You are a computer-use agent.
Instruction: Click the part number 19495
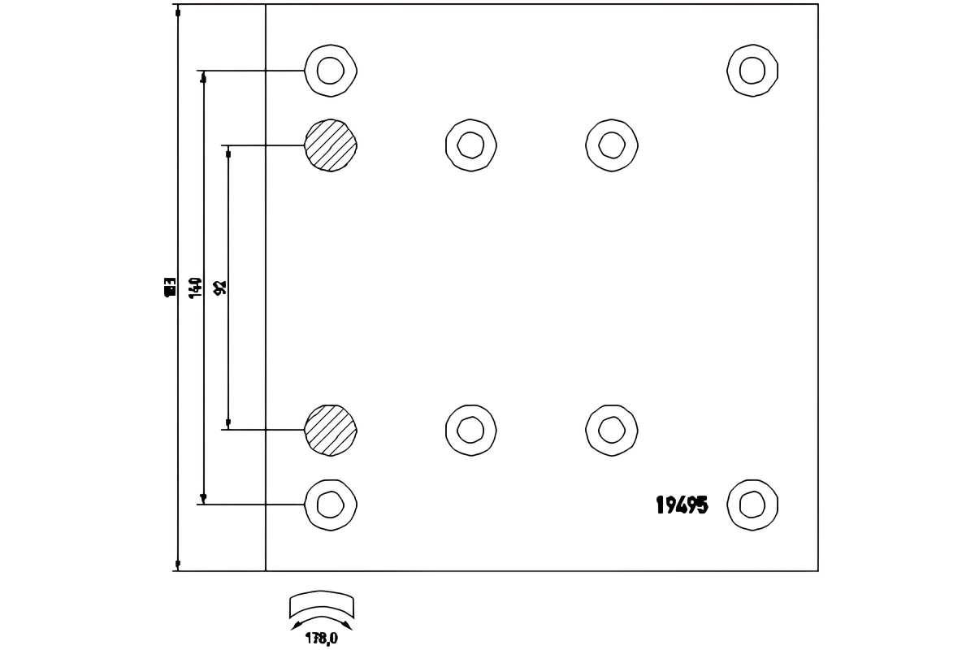pos(682,505)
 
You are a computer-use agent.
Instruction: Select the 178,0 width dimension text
pos(322,639)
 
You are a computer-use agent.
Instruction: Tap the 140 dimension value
pos(196,288)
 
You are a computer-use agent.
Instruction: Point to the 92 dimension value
pos(220,288)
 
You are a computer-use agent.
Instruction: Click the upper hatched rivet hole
pos(331,145)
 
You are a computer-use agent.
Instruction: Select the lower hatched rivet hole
pos(331,430)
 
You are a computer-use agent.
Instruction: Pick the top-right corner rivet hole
pos(752,71)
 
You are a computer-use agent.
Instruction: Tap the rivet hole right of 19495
pos(752,505)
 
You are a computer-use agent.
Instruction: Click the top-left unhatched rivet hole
pos(331,71)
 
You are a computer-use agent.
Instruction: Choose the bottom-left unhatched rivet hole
pos(331,505)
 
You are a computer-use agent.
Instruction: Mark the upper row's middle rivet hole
pos(471,145)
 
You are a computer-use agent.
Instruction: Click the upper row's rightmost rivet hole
pos(612,145)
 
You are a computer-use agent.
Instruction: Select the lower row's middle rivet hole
pos(471,430)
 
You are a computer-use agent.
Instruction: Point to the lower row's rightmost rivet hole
pos(612,430)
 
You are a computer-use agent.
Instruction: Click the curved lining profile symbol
pos(322,606)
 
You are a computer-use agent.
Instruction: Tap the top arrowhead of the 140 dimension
pos(203,77)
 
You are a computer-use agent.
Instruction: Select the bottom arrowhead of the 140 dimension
pos(203,498)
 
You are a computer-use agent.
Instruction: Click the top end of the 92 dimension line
pos(228,153)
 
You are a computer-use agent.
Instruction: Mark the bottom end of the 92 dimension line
pos(228,422)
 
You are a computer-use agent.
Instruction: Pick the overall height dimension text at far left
pos(170,287)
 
